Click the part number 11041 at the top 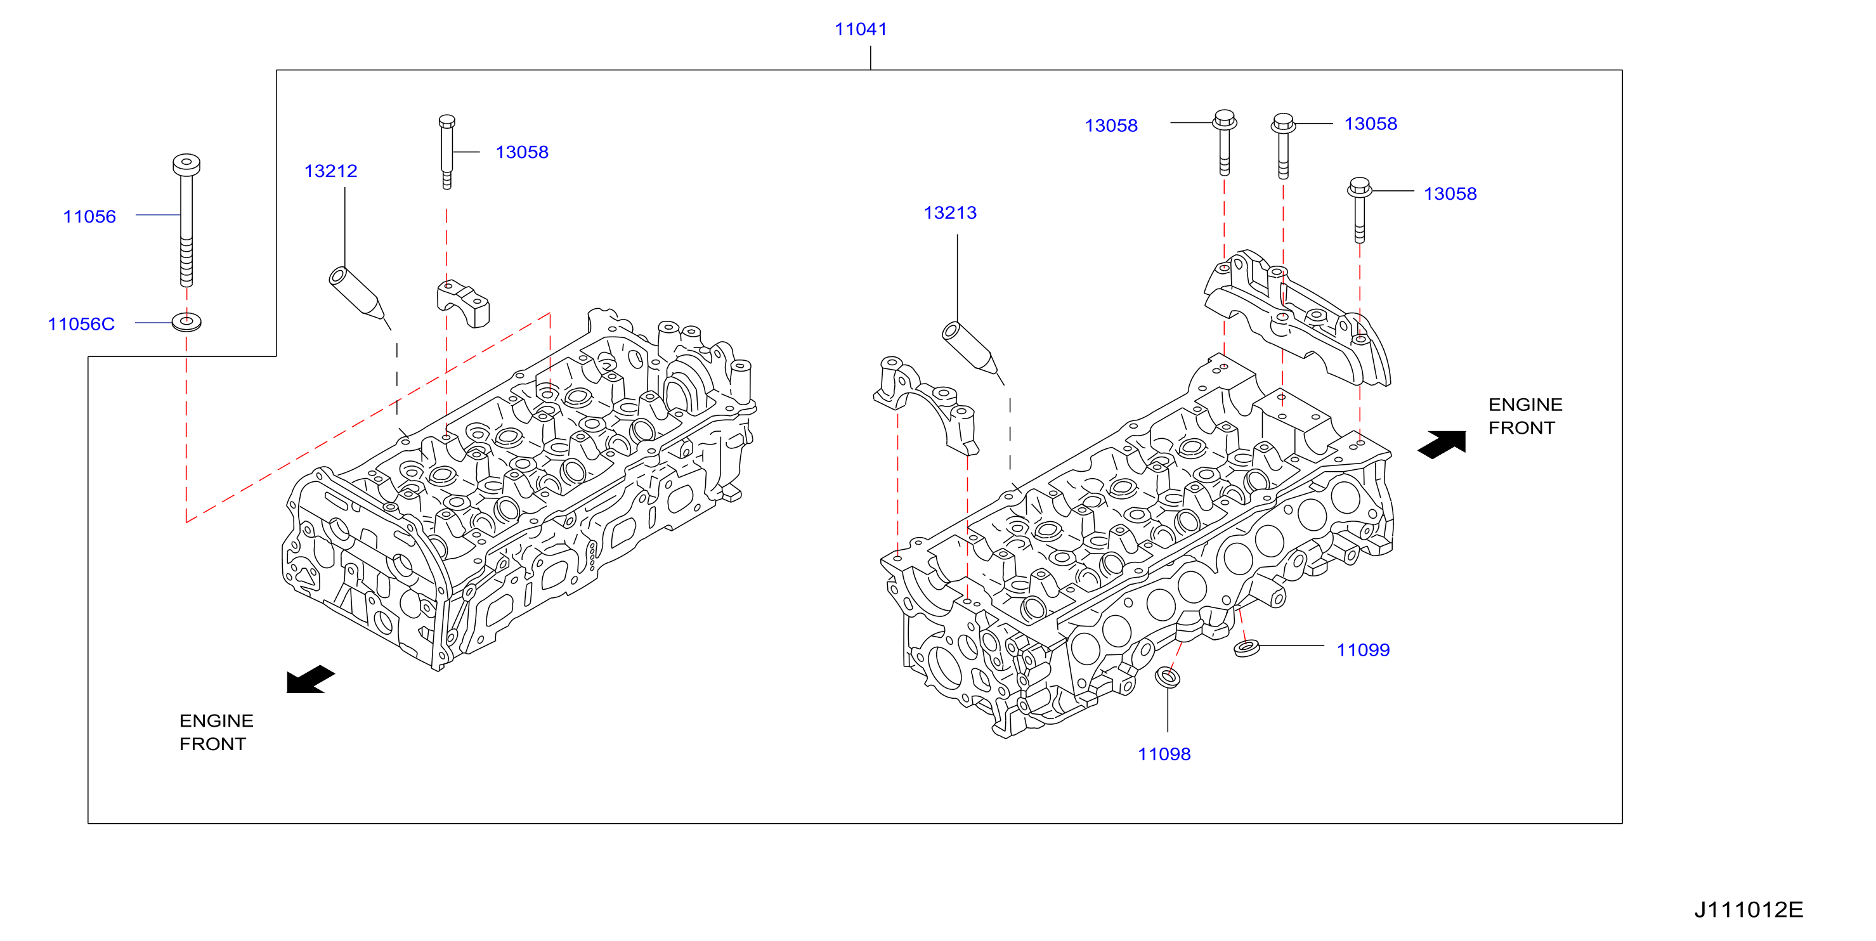click(x=860, y=29)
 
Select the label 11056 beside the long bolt click(x=89, y=216)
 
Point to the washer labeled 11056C click(x=186, y=321)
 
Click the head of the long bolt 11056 click(x=186, y=165)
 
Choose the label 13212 click(x=330, y=171)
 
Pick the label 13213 click(x=951, y=212)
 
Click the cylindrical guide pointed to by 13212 click(x=356, y=293)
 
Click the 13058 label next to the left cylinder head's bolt click(x=522, y=152)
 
